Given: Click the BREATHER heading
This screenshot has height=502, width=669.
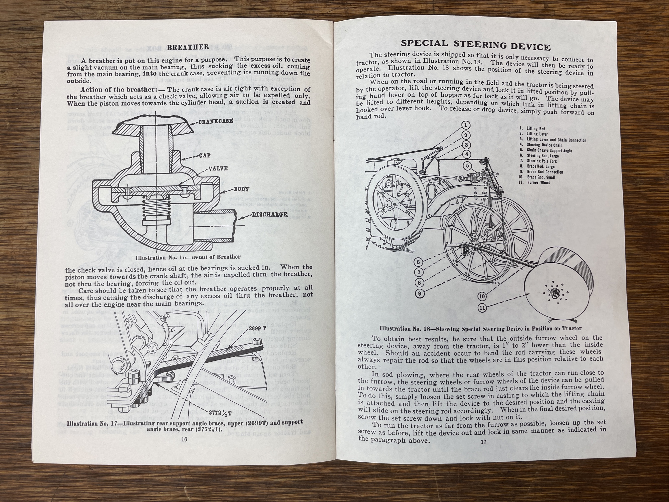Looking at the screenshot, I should point(188,47).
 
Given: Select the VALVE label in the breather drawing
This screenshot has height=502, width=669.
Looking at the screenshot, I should point(218,168).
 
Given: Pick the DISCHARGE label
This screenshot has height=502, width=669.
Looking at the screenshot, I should point(269,215).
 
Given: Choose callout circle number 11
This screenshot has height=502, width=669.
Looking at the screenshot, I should point(482,308).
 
